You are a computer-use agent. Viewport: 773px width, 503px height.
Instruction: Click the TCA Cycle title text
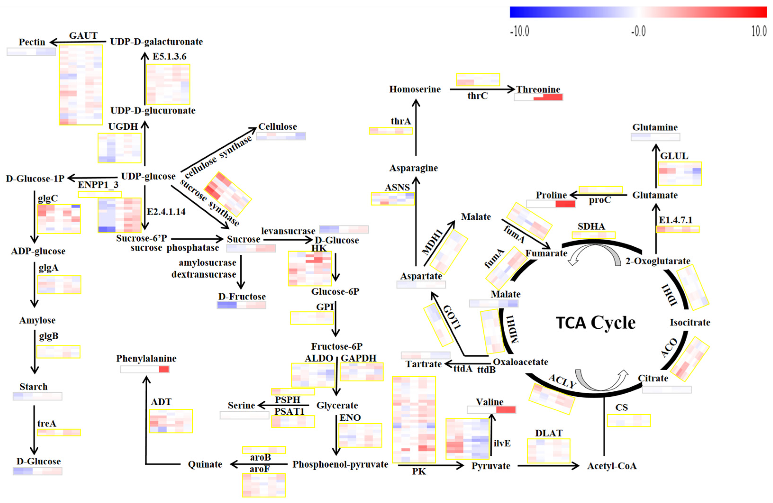click(x=595, y=323)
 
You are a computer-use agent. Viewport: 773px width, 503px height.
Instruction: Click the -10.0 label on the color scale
click(x=520, y=32)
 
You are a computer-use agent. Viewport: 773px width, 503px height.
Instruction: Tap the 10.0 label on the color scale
click(x=759, y=32)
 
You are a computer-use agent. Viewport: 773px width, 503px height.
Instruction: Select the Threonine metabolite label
click(x=538, y=89)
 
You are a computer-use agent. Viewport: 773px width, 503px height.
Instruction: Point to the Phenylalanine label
click(x=146, y=358)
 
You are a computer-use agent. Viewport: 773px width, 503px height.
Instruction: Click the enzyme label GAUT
click(x=83, y=35)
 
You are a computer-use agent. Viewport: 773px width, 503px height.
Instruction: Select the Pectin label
click(x=32, y=42)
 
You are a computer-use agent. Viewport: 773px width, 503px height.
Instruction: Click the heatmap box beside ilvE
click(x=467, y=439)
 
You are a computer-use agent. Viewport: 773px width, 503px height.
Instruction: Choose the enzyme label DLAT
click(x=549, y=433)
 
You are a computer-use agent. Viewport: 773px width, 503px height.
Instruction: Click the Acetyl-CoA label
click(x=612, y=466)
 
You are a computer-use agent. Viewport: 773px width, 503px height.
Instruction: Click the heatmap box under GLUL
click(x=679, y=173)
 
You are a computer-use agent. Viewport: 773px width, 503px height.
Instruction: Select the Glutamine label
click(x=655, y=127)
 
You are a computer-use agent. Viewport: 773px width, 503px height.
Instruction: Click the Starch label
click(x=33, y=387)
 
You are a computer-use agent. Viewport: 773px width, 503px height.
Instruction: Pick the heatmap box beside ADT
click(x=171, y=421)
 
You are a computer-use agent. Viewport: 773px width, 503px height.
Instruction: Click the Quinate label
click(x=205, y=464)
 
